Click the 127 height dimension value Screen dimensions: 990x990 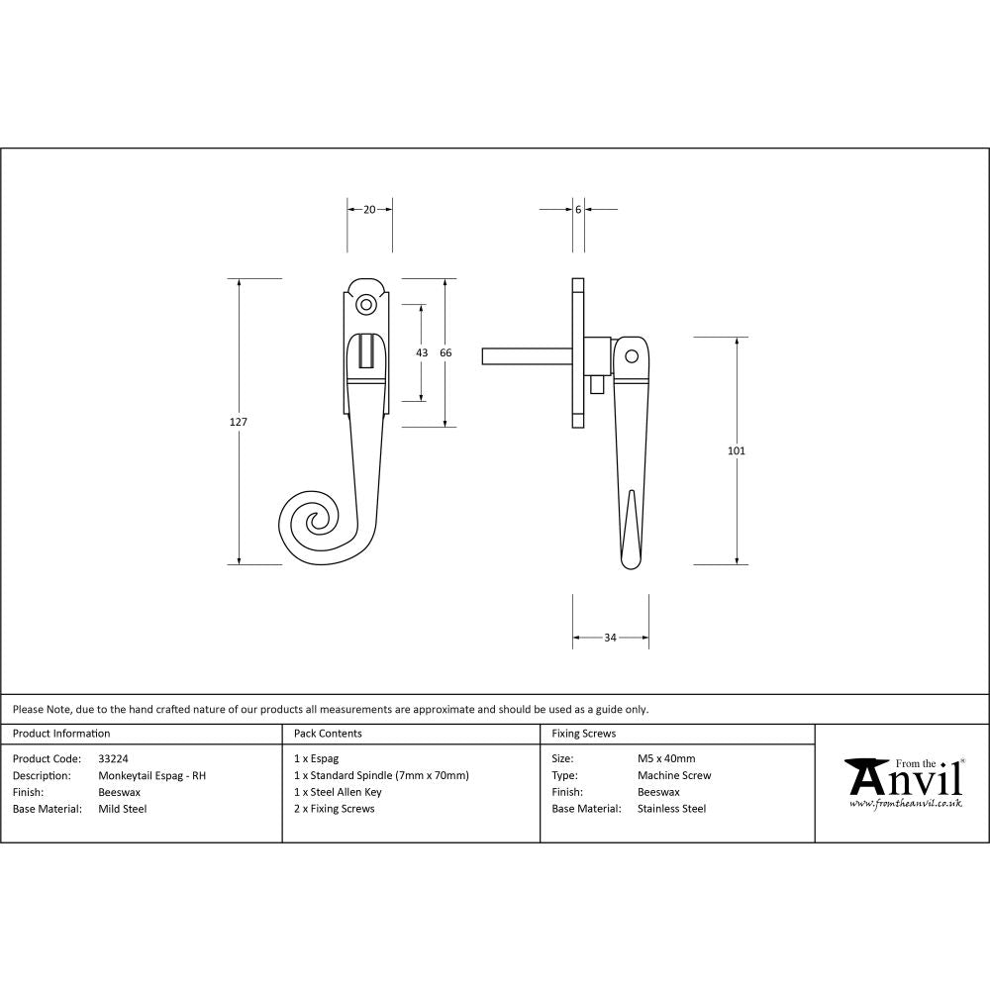[x=238, y=422]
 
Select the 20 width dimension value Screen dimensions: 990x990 [x=369, y=209]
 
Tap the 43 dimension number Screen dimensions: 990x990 [x=422, y=352]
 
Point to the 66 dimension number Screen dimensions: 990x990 [x=445, y=352]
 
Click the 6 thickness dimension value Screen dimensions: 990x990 [x=577, y=209]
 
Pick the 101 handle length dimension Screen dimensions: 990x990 [x=736, y=451]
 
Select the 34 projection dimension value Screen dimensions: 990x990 [x=610, y=638]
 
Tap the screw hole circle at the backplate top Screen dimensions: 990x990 [x=367, y=305]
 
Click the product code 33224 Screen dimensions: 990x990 [x=113, y=759]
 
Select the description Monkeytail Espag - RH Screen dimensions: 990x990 [x=152, y=776]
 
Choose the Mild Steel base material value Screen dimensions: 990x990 [x=123, y=809]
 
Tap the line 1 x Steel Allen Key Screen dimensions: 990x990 [x=338, y=792]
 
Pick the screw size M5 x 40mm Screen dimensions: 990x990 [x=666, y=759]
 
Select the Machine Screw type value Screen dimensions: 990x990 [x=674, y=776]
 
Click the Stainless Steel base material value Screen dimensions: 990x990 [x=672, y=809]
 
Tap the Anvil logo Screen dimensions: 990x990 [x=903, y=782]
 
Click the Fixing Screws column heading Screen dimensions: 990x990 [x=583, y=734]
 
